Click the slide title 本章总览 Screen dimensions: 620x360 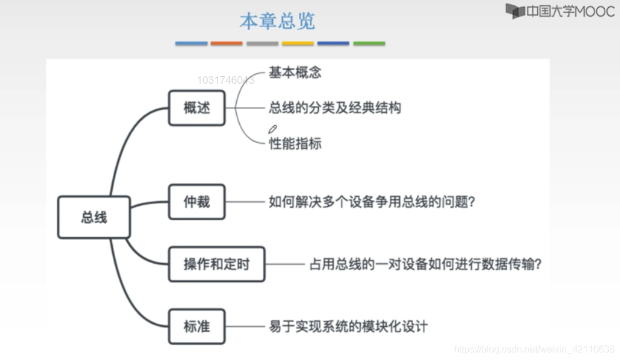pos(277,21)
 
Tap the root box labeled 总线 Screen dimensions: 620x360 pos(94,217)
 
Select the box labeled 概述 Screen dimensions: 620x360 pos(197,108)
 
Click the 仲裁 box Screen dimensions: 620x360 pos(197,201)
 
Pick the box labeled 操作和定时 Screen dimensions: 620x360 pos(217,264)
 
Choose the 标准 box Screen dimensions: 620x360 pos(197,326)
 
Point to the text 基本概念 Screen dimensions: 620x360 pos(295,73)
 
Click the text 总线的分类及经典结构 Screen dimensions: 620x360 pos(335,107)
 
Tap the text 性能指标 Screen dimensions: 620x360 pos(295,143)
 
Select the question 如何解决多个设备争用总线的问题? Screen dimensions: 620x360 pos(371,201)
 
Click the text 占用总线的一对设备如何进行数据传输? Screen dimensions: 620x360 pos(426,264)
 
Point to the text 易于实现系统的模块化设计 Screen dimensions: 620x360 pos(348,326)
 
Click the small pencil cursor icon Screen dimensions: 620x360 pos(272,129)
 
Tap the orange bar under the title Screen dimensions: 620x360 pos(227,44)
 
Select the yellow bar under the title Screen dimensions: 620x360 pos(298,44)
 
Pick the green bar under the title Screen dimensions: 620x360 pos(369,44)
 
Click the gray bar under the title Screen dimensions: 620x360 pos(263,44)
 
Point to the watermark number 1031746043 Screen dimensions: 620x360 pos(226,80)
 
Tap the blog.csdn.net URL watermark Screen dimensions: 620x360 pos(534,349)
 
